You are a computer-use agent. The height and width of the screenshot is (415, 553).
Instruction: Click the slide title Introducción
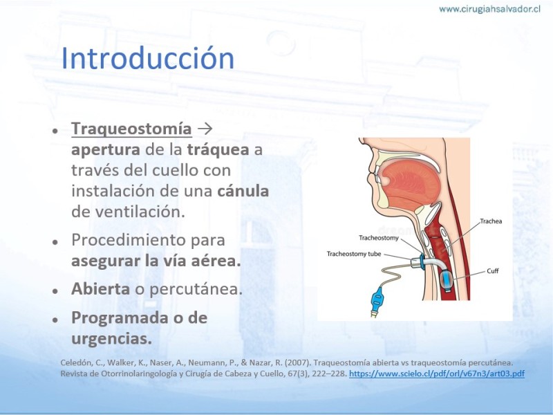tap(148, 58)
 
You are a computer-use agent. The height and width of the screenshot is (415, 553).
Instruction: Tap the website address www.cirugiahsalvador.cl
tap(489, 9)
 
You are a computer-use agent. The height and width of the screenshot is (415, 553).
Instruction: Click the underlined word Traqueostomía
tap(131, 129)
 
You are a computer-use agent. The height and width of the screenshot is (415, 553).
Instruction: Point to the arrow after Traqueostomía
tap(205, 129)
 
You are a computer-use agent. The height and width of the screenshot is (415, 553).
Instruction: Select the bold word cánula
tap(243, 191)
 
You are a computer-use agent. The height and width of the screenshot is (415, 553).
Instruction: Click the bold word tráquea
tap(218, 149)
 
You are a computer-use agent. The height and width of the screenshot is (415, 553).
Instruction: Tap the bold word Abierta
tap(100, 288)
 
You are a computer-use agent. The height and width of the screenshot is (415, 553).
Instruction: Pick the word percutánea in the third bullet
tap(196, 289)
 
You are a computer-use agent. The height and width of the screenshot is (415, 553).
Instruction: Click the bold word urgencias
tap(112, 339)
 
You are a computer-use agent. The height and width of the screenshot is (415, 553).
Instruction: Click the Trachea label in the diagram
tap(491, 221)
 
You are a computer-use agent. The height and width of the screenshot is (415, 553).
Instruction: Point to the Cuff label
tap(493, 271)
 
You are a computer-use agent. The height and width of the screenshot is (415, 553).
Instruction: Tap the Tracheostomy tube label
tap(354, 254)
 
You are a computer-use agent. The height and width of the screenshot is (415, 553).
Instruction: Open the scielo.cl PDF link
tap(437, 373)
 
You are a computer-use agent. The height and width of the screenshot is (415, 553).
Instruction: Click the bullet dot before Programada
tap(55, 320)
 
